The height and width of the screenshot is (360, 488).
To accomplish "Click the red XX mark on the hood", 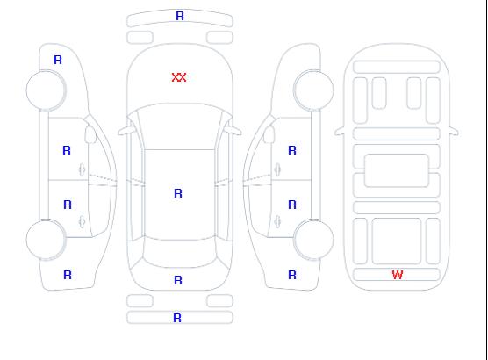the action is (x=179, y=77).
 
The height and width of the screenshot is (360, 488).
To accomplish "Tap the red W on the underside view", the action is (x=398, y=275).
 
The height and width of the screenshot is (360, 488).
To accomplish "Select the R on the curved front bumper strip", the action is (x=180, y=16).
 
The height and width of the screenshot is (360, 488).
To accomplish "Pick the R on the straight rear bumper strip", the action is (x=177, y=318).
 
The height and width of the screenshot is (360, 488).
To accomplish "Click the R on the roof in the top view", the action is (x=178, y=193).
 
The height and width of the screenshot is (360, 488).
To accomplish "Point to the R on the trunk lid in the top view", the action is (x=178, y=280).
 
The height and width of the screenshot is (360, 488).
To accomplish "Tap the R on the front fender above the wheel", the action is (x=58, y=60).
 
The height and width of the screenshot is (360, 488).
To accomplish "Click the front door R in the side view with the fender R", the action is (x=67, y=150).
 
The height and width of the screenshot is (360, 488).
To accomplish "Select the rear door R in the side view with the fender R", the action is (x=68, y=205).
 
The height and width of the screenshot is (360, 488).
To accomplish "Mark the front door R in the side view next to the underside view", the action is (x=292, y=150).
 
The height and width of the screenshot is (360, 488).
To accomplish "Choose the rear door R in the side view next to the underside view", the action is (x=292, y=205).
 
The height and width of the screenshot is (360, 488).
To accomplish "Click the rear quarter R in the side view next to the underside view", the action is (x=292, y=275).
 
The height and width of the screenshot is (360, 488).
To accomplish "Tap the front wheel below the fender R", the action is (x=46, y=90).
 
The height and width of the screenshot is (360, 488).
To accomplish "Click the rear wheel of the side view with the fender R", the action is (x=46, y=240).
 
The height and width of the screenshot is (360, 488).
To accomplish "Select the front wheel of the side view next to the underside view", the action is (x=313, y=90).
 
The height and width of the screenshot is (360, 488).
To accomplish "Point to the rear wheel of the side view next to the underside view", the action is (x=313, y=240).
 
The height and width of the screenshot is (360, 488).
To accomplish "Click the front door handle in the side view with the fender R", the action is (x=82, y=169).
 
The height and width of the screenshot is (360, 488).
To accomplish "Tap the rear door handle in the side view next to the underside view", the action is (x=277, y=221).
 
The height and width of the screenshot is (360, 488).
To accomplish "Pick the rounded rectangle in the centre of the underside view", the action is (x=397, y=170).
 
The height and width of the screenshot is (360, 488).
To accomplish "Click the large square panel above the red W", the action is (x=397, y=241).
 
